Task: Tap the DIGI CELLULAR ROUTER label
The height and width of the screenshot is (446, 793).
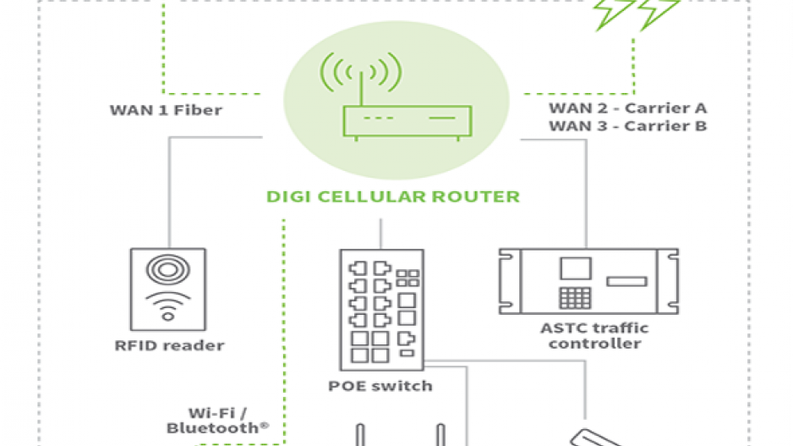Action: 393,197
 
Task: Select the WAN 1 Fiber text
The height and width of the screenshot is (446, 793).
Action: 166,110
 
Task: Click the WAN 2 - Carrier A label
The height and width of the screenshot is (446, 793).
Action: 627,108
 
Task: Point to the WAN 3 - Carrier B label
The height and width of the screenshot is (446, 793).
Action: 627,126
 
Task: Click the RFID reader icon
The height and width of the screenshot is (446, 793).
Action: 169,288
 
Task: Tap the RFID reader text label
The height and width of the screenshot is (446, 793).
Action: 170,345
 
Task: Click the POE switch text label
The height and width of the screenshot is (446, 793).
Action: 380,386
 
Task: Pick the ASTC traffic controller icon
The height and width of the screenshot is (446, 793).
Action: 588,280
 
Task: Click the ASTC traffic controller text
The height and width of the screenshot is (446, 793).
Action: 594,335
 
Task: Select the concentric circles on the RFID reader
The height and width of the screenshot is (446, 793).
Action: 169,269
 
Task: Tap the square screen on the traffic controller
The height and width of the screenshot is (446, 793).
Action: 575,269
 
